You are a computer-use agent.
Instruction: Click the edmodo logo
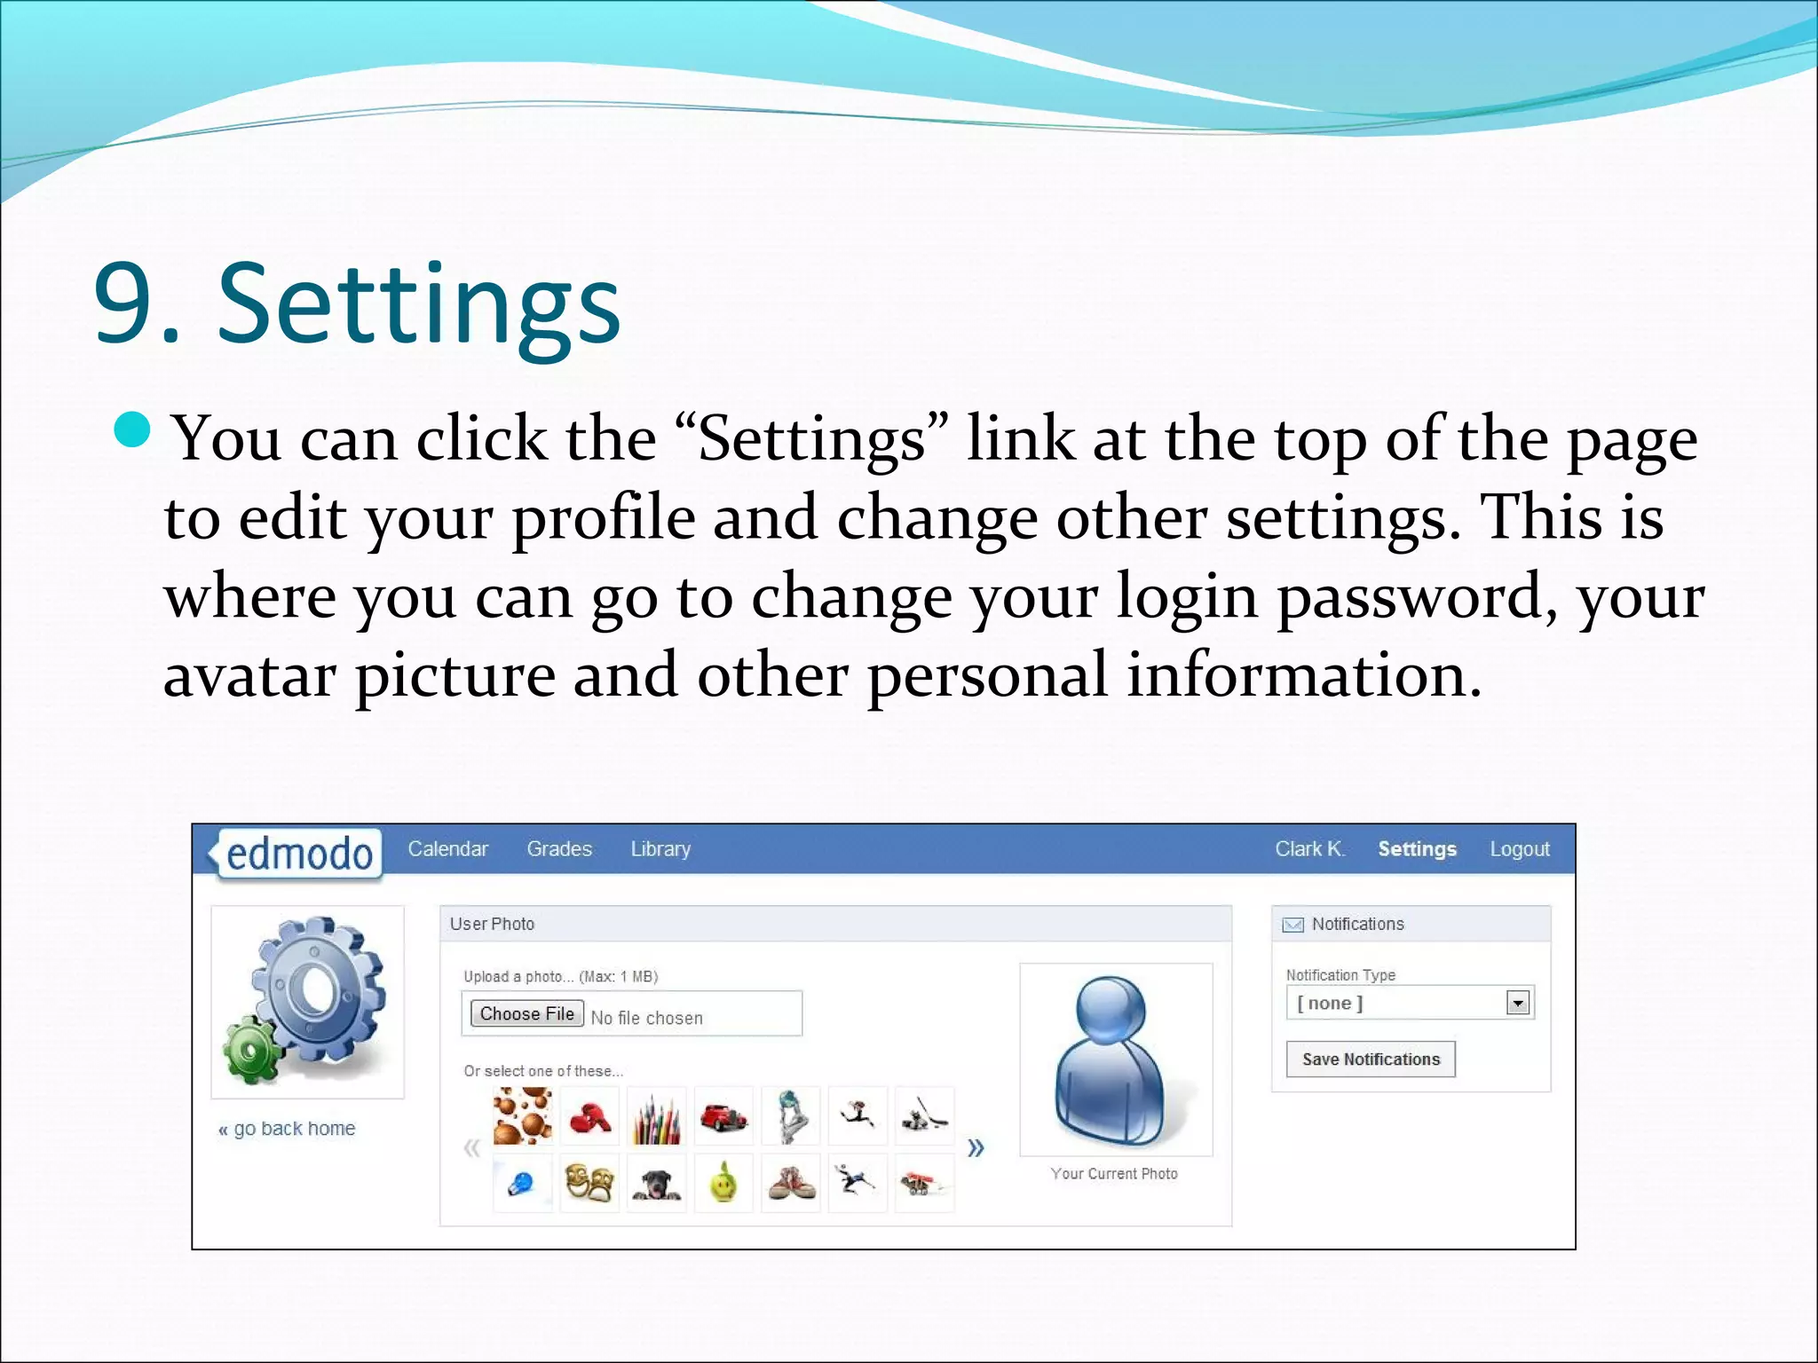pos(299,854)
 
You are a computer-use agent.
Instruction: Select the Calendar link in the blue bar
pos(447,849)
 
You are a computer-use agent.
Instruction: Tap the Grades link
pos(559,849)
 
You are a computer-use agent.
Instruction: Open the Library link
pos(660,849)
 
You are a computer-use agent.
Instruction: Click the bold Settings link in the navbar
pos(1417,849)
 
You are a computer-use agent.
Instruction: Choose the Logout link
pos(1520,849)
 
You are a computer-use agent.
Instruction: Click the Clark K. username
pos(1309,849)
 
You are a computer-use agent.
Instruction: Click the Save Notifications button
pos(1371,1060)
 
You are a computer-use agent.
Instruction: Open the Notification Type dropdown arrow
pos(1518,1004)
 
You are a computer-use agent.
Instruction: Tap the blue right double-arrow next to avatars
pos(976,1148)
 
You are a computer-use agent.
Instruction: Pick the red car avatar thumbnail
pos(723,1116)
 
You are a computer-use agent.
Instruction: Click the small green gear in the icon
pos(251,1052)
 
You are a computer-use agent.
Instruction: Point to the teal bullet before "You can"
pos(133,430)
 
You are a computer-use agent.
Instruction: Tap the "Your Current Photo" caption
pos(1114,1174)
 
